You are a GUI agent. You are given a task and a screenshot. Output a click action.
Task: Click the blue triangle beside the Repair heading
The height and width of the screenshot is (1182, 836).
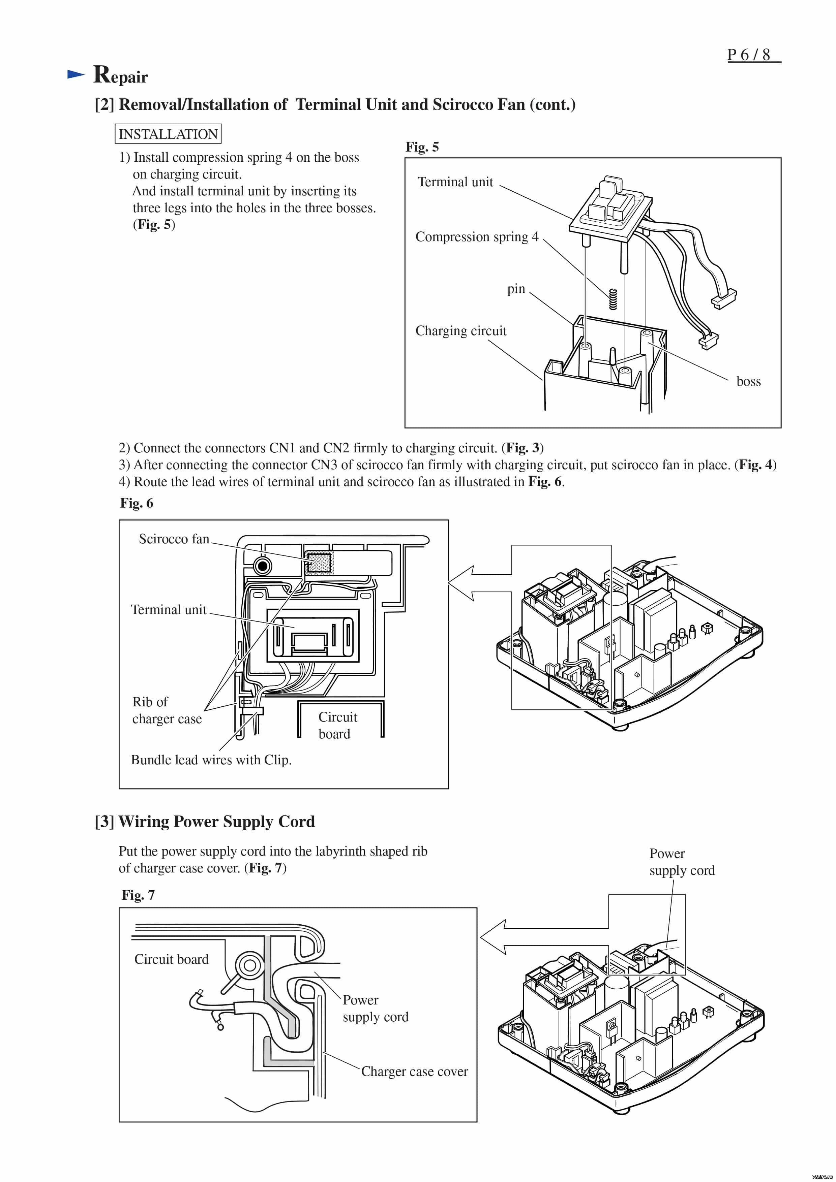[76, 75]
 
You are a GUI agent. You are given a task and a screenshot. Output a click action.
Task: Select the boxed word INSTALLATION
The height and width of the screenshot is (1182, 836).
[168, 134]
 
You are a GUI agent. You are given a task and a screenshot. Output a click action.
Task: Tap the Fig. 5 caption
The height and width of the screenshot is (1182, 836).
[422, 147]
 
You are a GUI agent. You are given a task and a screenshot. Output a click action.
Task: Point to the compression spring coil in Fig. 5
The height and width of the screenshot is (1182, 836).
[613, 299]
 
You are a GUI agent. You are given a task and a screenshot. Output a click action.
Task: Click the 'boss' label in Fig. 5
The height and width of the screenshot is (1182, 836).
[748, 381]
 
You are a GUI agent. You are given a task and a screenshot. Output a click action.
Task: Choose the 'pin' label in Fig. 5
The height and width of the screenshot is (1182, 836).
[516, 289]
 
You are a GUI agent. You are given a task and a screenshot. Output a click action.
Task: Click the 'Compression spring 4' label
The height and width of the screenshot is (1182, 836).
[476, 237]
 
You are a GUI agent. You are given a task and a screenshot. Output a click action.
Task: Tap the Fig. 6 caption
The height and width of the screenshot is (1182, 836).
[137, 503]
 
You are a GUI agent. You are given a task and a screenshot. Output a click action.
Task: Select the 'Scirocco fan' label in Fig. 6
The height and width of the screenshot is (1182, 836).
[174, 539]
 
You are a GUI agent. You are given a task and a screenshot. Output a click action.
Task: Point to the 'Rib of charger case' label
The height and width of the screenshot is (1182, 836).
[167, 710]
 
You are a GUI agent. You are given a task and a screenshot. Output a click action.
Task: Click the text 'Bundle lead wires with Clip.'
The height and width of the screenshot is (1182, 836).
[211, 760]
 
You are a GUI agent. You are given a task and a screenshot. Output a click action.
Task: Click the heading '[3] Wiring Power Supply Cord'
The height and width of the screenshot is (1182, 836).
[205, 822]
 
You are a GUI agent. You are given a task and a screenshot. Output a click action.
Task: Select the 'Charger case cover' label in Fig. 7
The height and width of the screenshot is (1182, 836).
[414, 1071]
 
